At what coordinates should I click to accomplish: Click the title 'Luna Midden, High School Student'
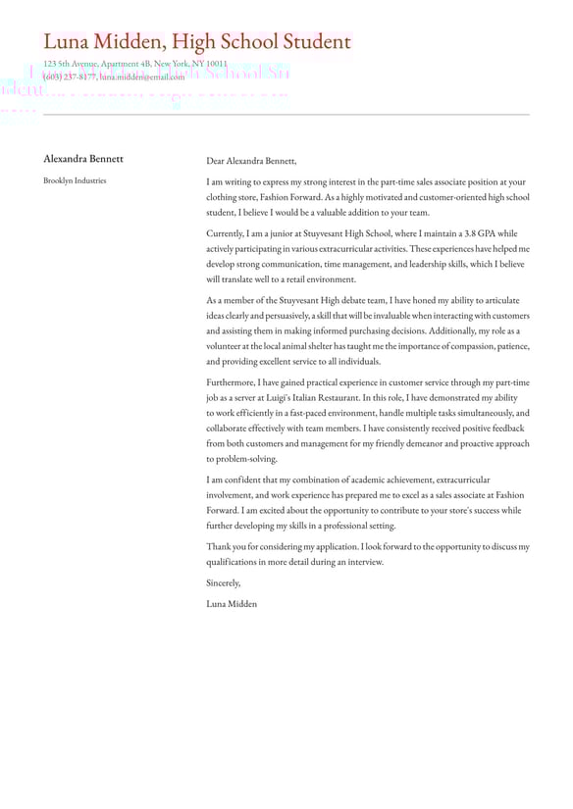pos(196,42)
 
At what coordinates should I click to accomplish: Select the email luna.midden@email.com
pos(141,76)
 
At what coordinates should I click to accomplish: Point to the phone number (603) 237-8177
pos(69,76)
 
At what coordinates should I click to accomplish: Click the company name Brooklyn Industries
pos(75,180)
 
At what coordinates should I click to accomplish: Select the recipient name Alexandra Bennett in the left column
pos(83,159)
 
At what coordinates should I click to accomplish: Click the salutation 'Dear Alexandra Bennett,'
pos(251,161)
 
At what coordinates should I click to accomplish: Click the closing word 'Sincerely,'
pos(223,582)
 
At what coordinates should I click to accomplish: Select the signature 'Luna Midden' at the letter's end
pos(232,604)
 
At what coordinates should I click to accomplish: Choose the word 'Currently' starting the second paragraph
pos(227,233)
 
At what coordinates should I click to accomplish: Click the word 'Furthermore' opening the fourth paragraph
pos(234,382)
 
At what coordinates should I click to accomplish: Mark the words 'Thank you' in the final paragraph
pos(227,546)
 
